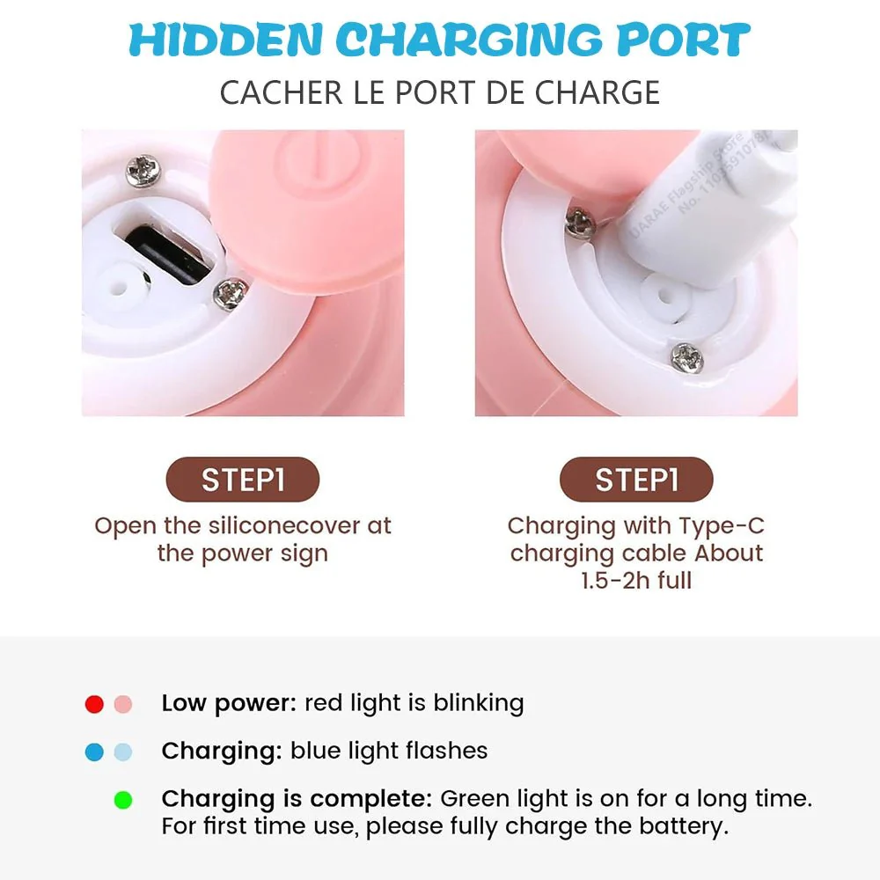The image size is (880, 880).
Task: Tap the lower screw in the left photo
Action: [x=231, y=293]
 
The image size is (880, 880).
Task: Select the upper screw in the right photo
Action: [x=581, y=223]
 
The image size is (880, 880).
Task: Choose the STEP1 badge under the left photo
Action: [x=242, y=480]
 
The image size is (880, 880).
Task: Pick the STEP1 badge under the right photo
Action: [x=636, y=480]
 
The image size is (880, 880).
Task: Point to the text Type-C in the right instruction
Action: [x=720, y=526]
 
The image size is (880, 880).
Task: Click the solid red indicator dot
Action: [x=94, y=704]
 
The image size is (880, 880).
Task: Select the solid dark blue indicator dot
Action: [x=94, y=752]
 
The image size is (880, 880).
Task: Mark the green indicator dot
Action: [x=123, y=801]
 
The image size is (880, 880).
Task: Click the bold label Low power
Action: [x=229, y=704]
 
